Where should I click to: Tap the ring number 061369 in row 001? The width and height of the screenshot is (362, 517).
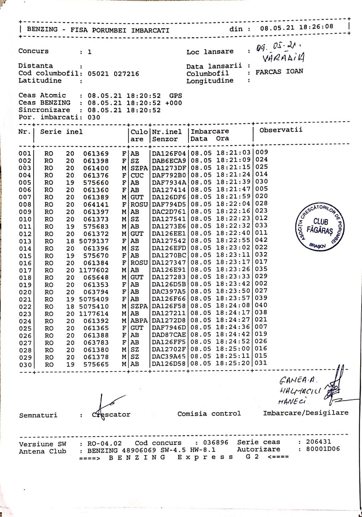(96, 153)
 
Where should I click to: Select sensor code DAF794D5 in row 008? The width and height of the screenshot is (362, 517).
(169, 204)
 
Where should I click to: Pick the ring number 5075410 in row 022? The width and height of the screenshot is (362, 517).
(94, 306)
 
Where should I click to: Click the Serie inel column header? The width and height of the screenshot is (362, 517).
(61, 132)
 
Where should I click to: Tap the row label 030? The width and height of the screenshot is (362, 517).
(25, 365)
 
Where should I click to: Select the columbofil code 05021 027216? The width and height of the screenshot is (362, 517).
(113, 74)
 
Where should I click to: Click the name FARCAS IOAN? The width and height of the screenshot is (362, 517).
(279, 71)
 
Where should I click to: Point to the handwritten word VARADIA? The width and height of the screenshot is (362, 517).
(285, 57)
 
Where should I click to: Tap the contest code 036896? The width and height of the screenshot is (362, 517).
(216, 442)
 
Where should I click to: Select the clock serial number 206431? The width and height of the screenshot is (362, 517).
(319, 442)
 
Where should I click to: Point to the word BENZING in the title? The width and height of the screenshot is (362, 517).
(42, 29)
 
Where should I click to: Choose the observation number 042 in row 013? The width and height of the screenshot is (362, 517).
(262, 240)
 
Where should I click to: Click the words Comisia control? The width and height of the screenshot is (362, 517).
(209, 413)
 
